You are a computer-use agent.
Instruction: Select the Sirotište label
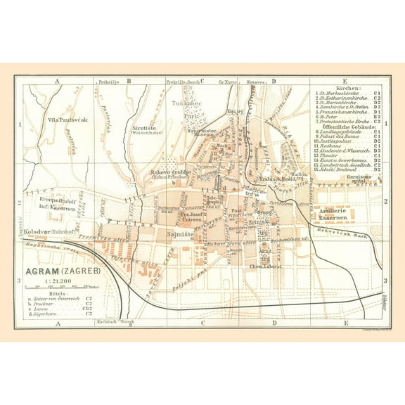[x=145, y=129]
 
